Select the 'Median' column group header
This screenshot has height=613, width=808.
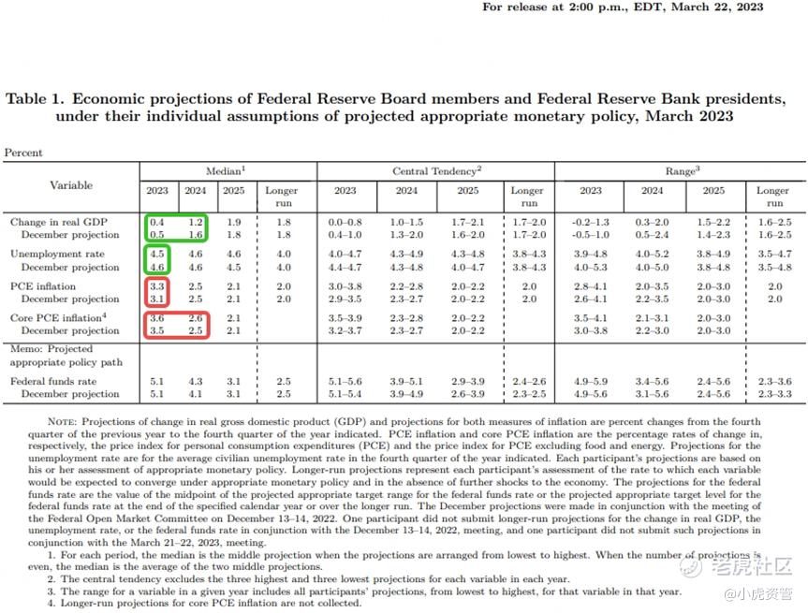pos(226,171)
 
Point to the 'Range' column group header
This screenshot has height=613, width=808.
pos(681,171)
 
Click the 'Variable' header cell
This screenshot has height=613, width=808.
pos(71,185)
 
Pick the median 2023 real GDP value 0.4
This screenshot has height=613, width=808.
pos(156,222)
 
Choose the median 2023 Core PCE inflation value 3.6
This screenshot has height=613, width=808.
pos(156,318)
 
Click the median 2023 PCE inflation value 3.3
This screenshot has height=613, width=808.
pos(156,286)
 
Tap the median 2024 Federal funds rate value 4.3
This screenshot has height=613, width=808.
pos(195,382)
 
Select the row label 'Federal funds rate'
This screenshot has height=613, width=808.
pos(53,382)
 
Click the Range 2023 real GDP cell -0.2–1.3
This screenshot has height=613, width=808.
pos(591,222)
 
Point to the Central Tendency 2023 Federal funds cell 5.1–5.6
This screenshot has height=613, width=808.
pos(345,382)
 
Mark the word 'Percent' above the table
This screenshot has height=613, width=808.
pos(23,153)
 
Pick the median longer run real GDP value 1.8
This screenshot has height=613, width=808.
pos(284,222)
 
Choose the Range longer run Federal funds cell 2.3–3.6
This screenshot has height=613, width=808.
pos(773,382)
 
